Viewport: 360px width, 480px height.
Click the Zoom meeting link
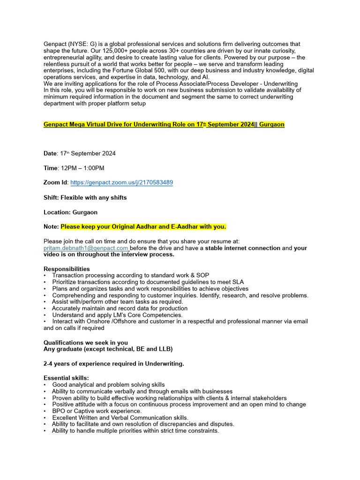click(121, 182)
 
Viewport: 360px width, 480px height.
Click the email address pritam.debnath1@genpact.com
click(86, 248)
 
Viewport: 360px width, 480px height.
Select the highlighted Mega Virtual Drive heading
click(164, 124)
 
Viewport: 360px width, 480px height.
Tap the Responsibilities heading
click(67, 269)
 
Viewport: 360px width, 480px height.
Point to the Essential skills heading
click(66, 378)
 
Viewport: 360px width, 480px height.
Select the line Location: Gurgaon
click(71, 212)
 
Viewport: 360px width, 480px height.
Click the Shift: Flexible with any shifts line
click(85, 197)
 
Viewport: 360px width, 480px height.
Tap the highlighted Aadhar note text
click(143, 227)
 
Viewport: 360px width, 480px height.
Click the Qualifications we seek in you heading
click(86, 342)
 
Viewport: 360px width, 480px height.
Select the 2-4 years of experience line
click(114, 363)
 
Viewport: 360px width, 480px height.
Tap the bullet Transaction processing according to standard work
click(131, 275)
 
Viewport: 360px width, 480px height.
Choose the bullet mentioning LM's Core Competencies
click(117, 315)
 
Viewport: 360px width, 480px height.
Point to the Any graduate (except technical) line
click(108, 349)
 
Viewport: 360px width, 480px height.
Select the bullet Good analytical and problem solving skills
click(108, 385)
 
